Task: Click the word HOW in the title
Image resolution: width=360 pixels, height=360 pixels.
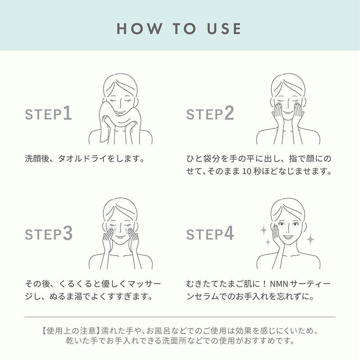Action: click(139, 29)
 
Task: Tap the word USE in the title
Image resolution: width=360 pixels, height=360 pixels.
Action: click(224, 29)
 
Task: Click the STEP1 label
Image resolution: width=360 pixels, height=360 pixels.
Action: click(49, 113)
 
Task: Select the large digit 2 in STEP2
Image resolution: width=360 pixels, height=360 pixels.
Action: click(229, 113)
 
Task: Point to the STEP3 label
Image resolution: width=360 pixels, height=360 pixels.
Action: click(49, 234)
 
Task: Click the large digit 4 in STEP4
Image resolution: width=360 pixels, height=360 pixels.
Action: click(229, 233)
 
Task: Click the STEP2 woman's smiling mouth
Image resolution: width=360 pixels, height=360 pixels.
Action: click(288, 112)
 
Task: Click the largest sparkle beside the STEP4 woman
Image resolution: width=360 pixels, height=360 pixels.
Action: click(310, 239)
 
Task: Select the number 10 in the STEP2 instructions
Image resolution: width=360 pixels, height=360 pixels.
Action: click(247, 171)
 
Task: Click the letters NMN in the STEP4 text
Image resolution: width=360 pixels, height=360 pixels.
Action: click(279, 284)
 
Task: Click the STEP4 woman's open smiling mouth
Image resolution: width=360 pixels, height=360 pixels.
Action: click(288, 237)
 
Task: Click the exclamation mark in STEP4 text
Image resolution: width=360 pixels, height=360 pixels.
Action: click(264, 284)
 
